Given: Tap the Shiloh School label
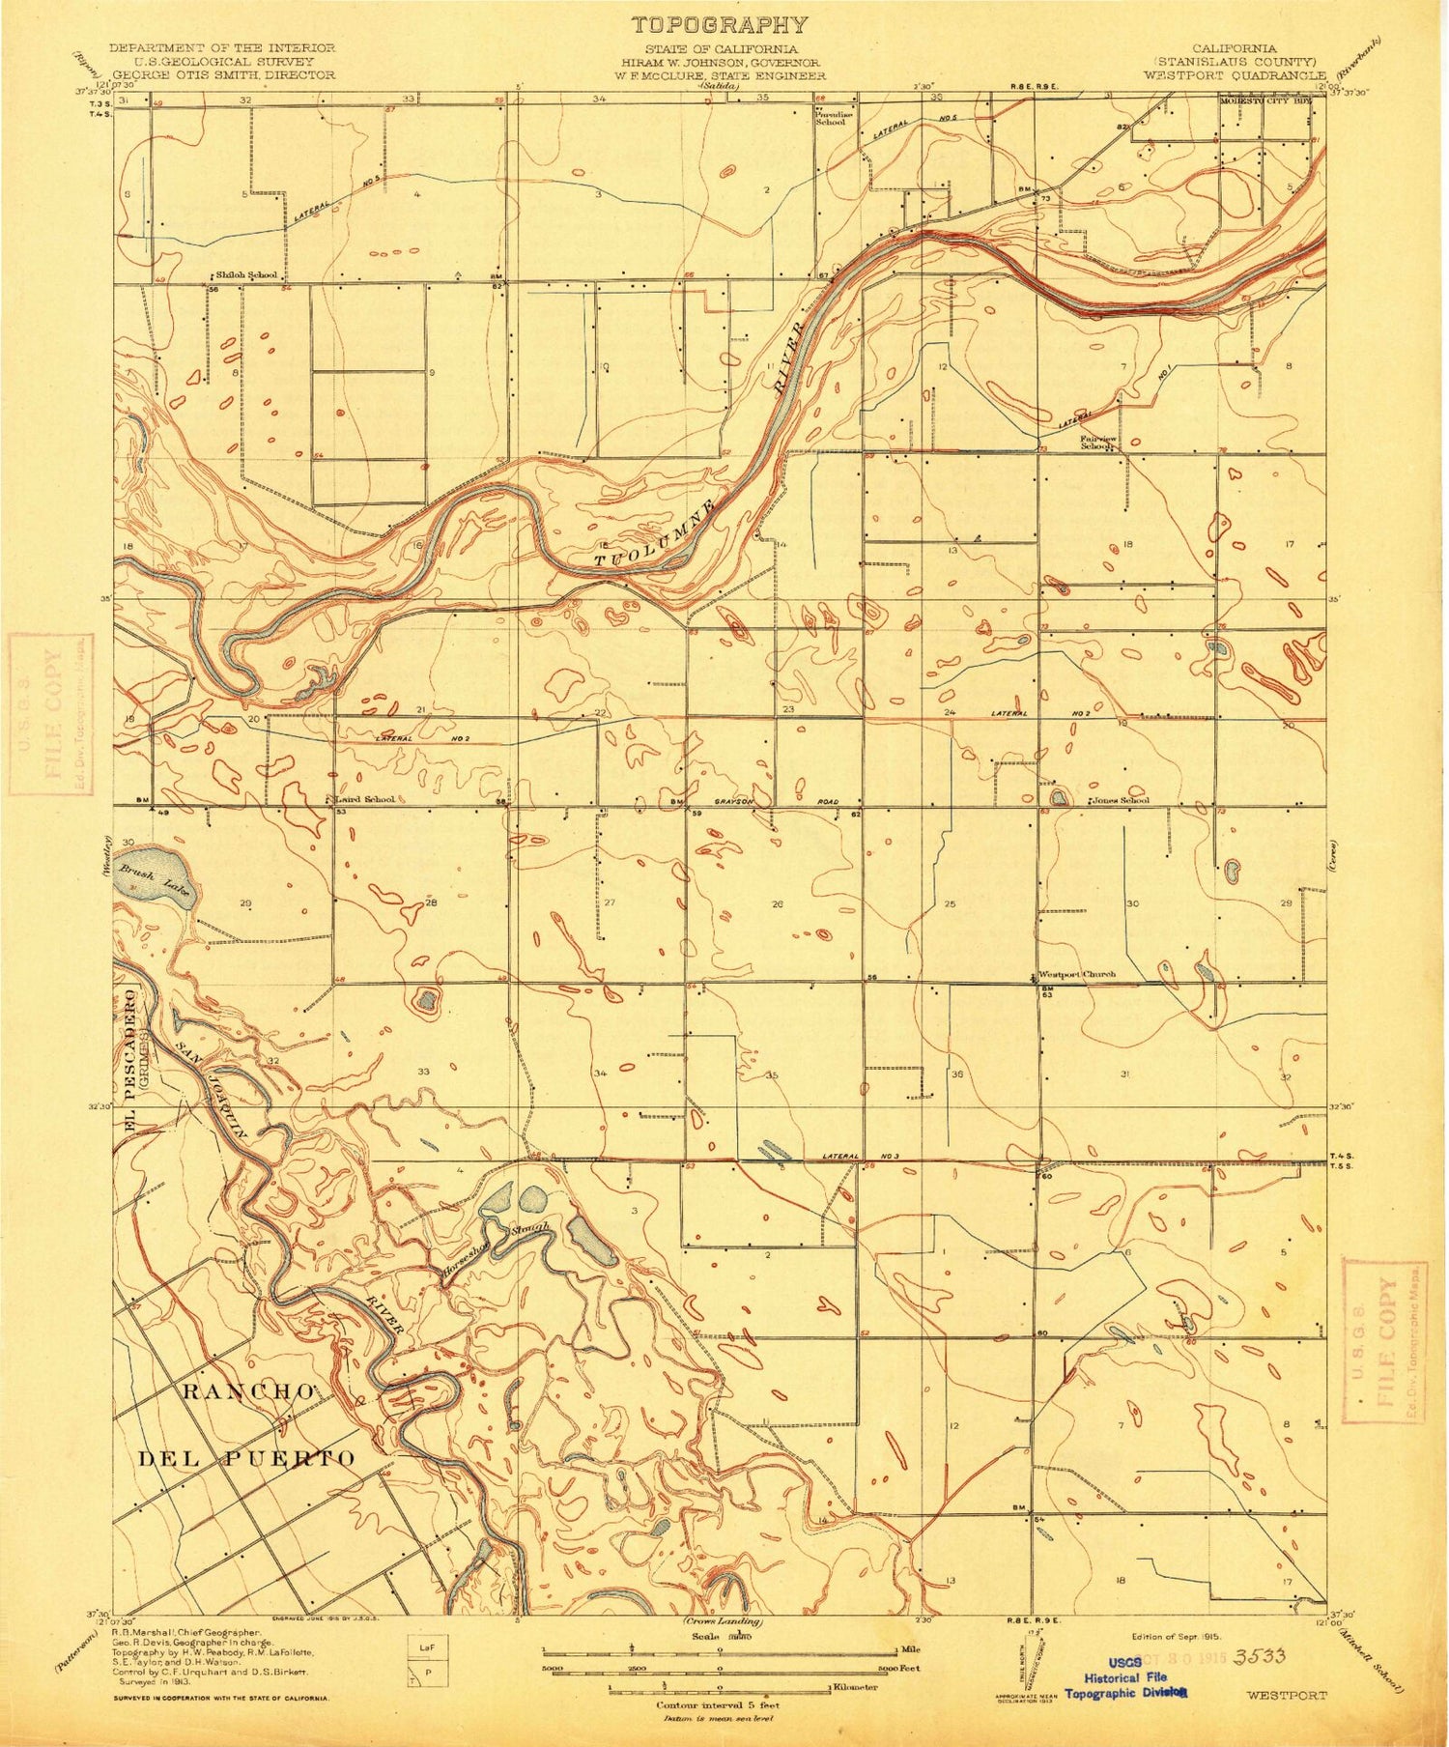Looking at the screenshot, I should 246,275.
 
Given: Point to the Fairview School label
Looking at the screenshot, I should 1098,442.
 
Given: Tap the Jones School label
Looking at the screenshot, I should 1121,800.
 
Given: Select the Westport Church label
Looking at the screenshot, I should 1076,974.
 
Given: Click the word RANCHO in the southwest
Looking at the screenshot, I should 245,1390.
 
